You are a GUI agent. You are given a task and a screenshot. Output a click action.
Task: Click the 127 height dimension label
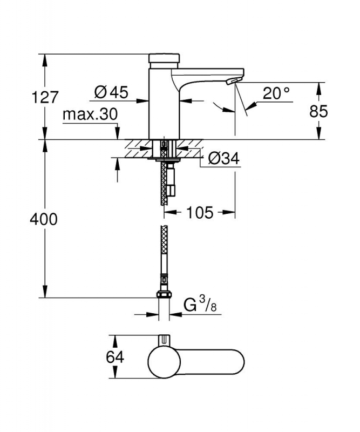[x=45, y=97]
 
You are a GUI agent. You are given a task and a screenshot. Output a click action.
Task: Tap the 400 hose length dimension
[x=44, y=220]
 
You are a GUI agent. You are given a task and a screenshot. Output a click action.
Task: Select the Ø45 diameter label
[x=111, y=92]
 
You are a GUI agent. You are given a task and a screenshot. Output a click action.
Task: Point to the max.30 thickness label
[x=90, y=114]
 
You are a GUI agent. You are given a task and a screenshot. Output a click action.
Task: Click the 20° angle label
[x=276, y=93]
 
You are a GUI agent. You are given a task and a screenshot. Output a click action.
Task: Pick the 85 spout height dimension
[x=318, y=112]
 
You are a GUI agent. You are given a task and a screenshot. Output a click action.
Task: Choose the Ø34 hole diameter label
[x=224, y=158]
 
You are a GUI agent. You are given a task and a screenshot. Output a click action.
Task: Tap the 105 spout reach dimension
[x=200, y=212]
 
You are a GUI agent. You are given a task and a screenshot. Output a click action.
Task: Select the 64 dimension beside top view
[x=115, y=357]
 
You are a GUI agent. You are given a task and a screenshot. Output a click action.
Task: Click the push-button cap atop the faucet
[x=164, y=58]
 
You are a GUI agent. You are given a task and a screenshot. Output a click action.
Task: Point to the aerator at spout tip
[x=232, y=81]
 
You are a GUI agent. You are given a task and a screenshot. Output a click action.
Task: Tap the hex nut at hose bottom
[x=164, y=294]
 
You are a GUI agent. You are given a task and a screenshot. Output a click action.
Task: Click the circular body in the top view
[x=165, y=362]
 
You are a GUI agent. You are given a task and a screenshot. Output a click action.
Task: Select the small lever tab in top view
[x=164, y=340]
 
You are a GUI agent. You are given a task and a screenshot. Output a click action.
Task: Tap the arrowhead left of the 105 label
[x=170, y=212]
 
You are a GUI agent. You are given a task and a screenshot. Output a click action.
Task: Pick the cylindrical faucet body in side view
[x=164, y=104]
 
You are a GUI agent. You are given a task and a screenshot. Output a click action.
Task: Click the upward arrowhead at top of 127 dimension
[x=44, y=60]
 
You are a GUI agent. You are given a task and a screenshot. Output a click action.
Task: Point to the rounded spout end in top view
[x=238, y=362]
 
